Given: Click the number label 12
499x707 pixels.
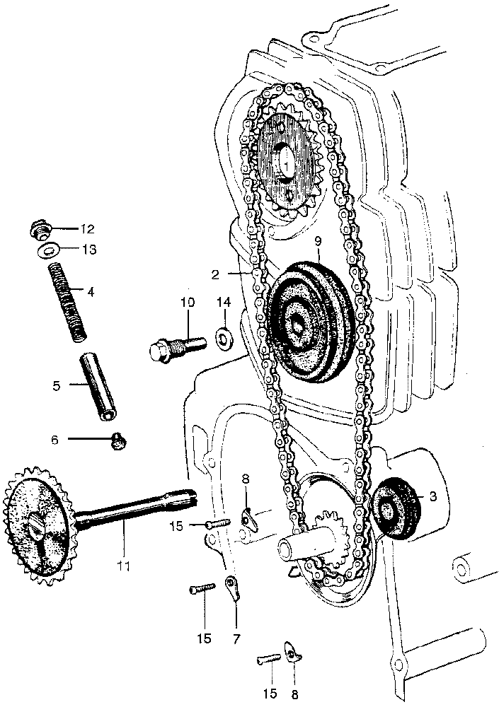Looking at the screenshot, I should (x=87, y=228).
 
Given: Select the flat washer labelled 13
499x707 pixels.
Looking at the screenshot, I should (x=47, y=250).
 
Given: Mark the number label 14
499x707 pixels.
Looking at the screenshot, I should (x=224, y=303).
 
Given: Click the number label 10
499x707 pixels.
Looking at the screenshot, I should (x=187, y=303).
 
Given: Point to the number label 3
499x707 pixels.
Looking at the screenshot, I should (x=433, y=497).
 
